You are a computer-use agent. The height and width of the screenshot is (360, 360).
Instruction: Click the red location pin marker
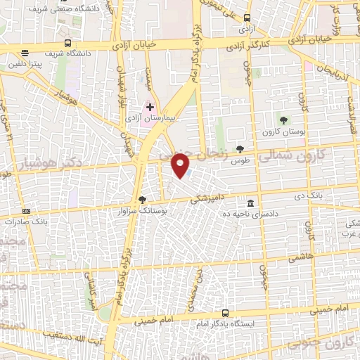tap(181, 166)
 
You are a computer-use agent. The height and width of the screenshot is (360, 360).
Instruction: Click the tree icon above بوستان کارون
tap(283, 120)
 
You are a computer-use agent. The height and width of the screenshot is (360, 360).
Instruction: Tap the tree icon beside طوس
tap(241, 148)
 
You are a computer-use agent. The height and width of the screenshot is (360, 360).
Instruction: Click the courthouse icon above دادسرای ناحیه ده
tap(250, 203)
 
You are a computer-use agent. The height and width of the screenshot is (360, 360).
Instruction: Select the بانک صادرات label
tap(25, 221)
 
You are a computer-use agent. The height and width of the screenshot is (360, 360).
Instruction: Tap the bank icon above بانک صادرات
tap(27, 210)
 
